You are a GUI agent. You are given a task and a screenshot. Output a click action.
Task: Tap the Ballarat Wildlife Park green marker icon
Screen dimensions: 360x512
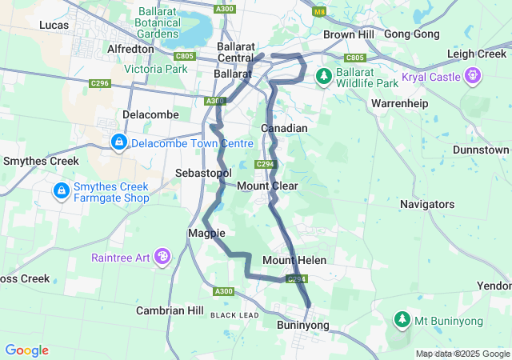point(324,77)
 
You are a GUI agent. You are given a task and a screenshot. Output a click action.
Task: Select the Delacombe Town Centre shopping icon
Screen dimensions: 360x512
point(119,142)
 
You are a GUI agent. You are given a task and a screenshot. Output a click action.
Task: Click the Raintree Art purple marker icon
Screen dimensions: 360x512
point(162,257)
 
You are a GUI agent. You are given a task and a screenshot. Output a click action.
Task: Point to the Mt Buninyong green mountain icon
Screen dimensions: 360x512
point(401,321)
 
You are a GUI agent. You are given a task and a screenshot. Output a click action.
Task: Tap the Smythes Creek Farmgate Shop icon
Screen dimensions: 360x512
point(61,191)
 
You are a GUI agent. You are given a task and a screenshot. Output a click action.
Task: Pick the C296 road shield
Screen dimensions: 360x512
point(100,82)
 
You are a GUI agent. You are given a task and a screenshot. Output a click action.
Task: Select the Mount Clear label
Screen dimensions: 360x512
point(267,186)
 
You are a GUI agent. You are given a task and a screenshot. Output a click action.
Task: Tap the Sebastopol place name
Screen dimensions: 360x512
point(202,173)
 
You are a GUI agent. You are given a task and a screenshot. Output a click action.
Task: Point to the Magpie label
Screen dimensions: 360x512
point(206,233)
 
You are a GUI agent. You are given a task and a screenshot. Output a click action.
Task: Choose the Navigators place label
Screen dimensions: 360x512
point(427,204)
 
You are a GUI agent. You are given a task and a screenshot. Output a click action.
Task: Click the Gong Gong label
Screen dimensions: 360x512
point(412,34)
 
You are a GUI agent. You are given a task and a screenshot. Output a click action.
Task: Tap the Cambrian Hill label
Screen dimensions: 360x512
point(170,310)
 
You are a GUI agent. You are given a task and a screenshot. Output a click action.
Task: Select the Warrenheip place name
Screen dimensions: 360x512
point(400,104)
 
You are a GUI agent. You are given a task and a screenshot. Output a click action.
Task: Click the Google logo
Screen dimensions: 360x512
point(26,350)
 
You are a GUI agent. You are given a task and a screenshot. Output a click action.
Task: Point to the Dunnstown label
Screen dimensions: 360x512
point(481,150)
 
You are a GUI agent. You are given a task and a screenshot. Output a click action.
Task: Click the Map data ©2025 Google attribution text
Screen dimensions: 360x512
point(462,354)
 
